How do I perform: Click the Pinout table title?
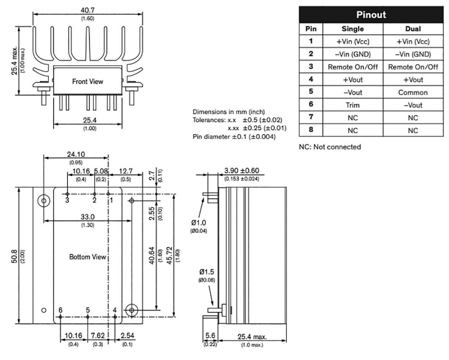click(371, 14)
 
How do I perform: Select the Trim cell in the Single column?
click(352, 105)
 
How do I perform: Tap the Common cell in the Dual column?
click(413, 93)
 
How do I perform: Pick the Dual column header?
click(413, 29)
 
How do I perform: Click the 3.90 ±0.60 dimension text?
click(241, 171)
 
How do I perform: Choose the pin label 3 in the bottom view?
click(67, 200)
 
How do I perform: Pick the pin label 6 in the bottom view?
click(61, 310)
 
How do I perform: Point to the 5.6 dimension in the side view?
click(210, 336)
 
